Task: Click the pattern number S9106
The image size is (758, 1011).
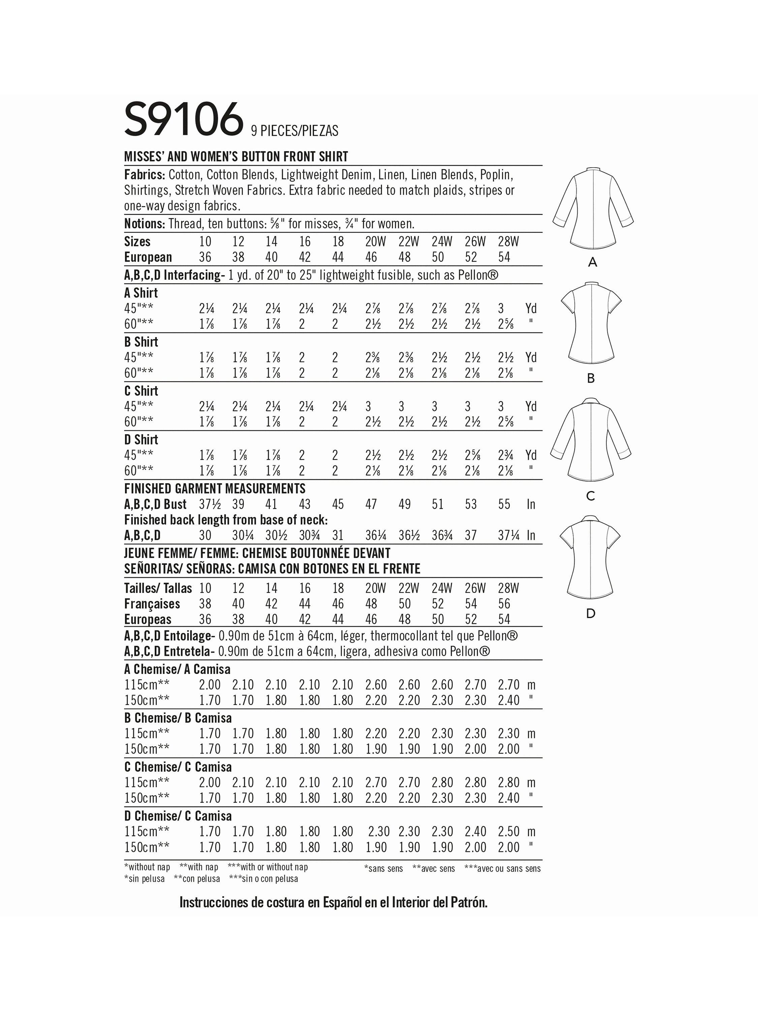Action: tap(183, 120)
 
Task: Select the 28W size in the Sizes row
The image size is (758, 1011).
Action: tap(508, 241)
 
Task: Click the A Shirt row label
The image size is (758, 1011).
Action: tap(141, 293)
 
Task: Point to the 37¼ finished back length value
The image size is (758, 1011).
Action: tap(508, 535)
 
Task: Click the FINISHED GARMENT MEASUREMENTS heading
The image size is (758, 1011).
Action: tap(215, 489)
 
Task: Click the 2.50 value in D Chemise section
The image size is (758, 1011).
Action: tap(508, 832)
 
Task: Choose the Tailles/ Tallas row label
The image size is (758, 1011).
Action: tap(158, 588)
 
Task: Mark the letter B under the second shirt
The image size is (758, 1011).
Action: tap(591, 378)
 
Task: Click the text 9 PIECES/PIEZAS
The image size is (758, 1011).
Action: tap(295, 131)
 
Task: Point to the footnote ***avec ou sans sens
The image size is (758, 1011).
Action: tap(502, 868)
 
